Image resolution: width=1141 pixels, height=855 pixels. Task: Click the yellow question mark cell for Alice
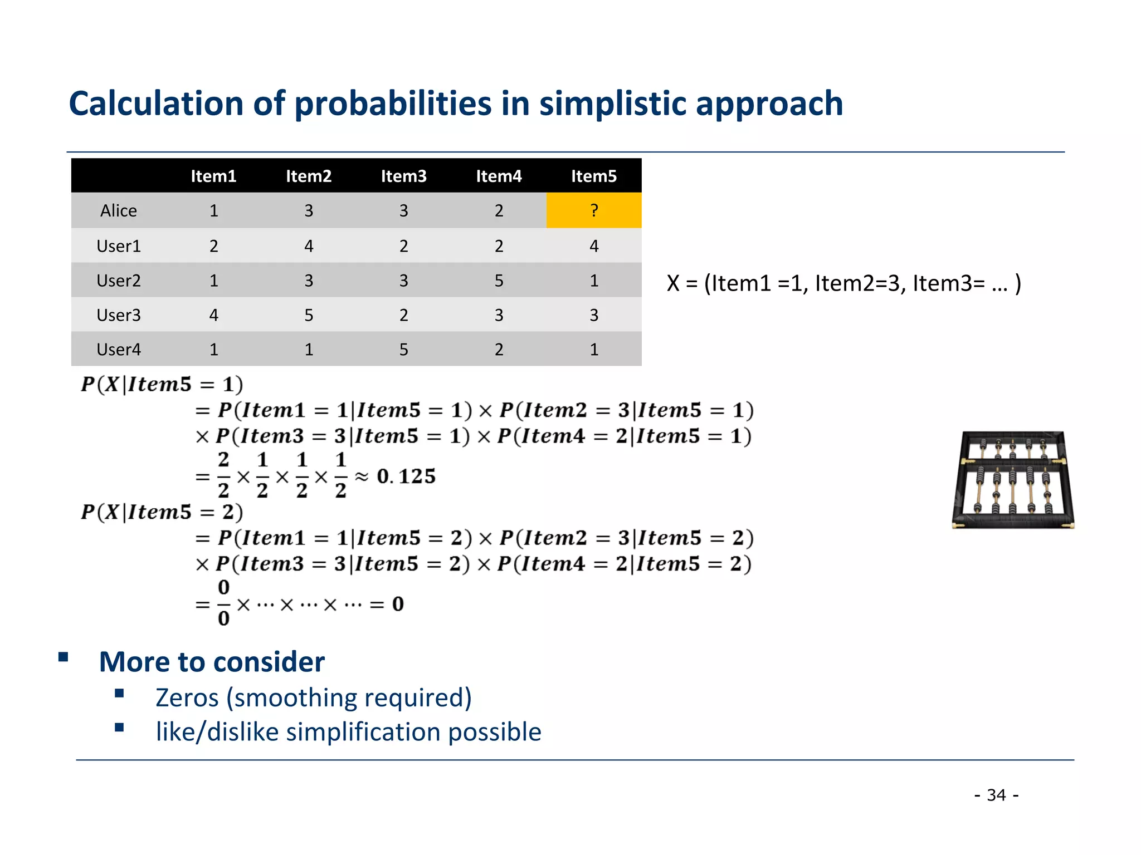point(594,210)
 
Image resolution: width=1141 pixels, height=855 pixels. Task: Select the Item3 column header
point(403,176)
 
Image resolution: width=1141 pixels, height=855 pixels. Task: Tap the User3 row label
point(119,315)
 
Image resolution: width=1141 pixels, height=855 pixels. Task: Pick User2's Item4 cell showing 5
point(499,281)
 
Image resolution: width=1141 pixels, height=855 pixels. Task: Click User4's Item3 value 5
point(403,350)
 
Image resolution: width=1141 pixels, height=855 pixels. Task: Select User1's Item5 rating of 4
point(594,246)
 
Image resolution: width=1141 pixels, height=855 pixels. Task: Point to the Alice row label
point(119,211)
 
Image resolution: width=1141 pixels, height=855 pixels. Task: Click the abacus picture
point(1013,480)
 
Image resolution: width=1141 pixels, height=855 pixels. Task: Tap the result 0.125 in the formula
point(406,476)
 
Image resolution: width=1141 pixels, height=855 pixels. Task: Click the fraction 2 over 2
point(223,475)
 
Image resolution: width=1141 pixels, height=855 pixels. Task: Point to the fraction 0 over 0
point(223,603)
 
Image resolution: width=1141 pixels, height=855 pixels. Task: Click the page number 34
point(997,795)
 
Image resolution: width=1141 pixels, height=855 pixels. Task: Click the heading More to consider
point(212,662)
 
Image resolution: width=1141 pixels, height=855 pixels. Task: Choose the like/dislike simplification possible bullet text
point(348,732)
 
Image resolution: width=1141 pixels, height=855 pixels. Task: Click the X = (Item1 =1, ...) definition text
point(843,283)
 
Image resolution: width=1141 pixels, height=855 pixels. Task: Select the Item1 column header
point(213,176)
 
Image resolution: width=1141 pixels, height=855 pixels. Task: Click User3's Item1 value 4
point(213,315)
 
